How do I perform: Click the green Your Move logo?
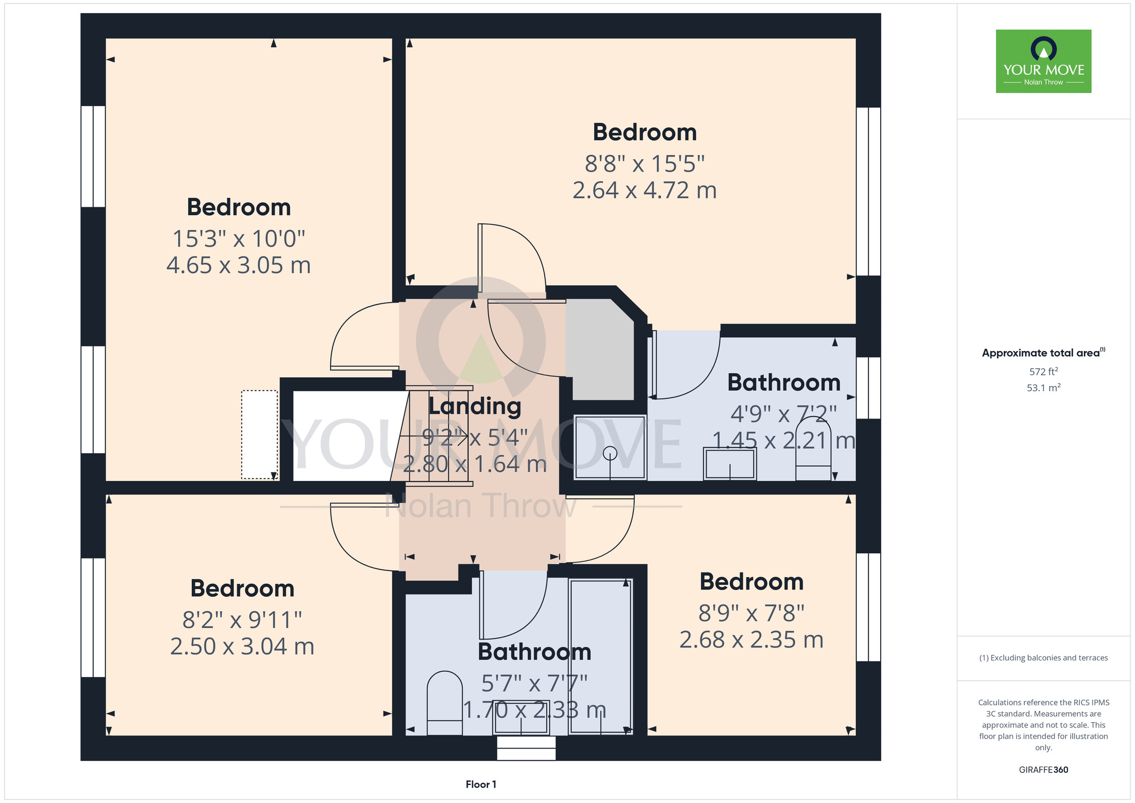coord(1044,61)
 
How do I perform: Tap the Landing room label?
coord(474,407)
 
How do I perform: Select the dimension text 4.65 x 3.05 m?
coord(239,265)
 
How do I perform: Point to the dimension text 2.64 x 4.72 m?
coord(645,190)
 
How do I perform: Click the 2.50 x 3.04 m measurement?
coord(242,646)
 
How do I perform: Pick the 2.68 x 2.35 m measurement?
coord(751,640)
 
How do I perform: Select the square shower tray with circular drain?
coord(610,447)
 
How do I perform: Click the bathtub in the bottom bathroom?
coord(600,656)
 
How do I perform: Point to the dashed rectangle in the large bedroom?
coord(259,434)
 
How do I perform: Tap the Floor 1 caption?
coord(481,784)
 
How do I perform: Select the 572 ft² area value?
coord(1044,371)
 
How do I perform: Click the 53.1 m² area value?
coord(1044,387)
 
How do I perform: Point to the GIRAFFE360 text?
coord(1044,770)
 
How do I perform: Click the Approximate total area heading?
coord(1044,353)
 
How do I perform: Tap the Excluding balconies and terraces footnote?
coord(1044,658)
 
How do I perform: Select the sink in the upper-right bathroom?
coord(730,464)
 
